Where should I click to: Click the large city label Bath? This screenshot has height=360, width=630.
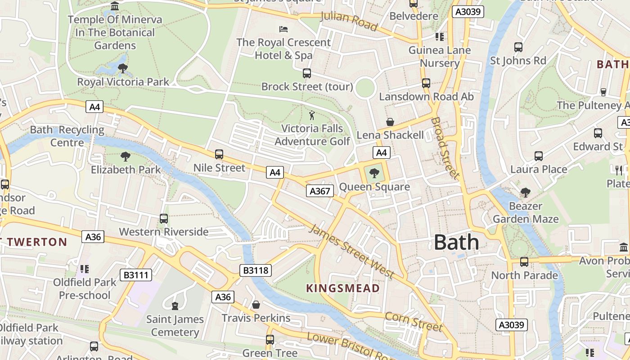tap(456, 243)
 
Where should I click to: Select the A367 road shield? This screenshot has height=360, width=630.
tap(320, 191)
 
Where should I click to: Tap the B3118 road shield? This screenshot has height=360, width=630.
tap(256, 270)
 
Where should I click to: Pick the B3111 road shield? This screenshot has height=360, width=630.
tap(136, 274)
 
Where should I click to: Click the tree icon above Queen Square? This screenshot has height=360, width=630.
tap(374, 173)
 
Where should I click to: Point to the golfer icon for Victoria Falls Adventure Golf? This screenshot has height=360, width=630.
tap(312, 115)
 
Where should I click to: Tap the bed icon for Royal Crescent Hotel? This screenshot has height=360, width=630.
tap(283, 29)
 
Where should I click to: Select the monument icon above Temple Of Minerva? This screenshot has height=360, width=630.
tap(115, 6)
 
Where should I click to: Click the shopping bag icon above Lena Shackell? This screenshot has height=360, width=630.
tap(390, 122)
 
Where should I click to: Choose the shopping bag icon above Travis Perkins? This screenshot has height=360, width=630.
tap(256, 305)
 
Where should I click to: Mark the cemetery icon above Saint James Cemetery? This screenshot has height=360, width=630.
tap(175, 306)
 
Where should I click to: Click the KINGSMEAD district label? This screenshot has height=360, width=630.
tap(343, 288)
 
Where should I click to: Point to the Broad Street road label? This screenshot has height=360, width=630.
tap(445, 148)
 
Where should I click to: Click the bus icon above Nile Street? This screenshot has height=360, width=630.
tap(219, 154)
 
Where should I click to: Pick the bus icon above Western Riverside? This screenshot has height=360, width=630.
tap(164, 219)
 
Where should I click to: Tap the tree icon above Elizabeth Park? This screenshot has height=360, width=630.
tap(126, 157)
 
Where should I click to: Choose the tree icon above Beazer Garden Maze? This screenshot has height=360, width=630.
tap(525, 193)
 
